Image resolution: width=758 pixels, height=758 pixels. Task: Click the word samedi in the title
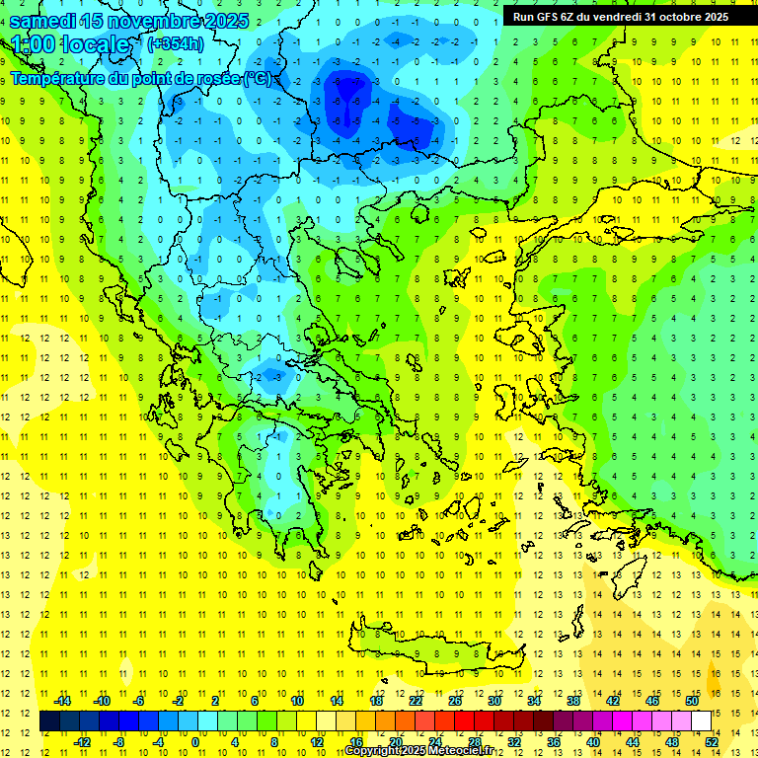[x=43, y=21]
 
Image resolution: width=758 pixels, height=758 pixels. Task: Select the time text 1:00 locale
[x=70, y=44]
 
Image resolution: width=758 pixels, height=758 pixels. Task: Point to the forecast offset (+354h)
[x=176, y=43]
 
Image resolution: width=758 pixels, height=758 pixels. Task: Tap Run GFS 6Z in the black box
[x=544, y=17]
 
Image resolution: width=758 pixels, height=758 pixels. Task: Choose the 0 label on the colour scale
[x=194, y=741]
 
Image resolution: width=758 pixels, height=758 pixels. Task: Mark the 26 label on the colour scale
[x=455, y=701]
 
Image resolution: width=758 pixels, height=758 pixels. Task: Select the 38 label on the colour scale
[x=573, y=701]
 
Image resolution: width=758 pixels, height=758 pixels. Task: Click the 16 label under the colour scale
[x=356, y=741]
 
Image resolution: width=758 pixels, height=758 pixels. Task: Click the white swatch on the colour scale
[x=702, y=721]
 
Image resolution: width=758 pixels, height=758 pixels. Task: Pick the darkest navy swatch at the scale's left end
[x=49, y=721]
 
